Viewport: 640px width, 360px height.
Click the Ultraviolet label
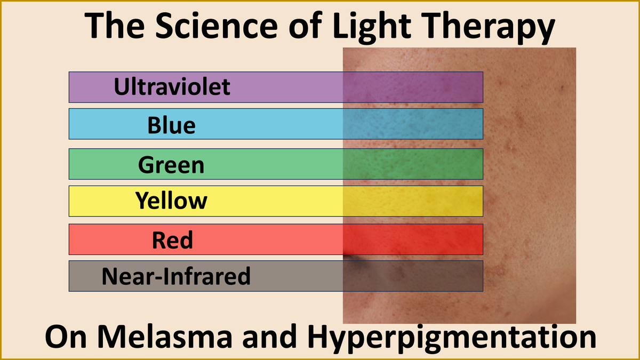[x=172, y=86]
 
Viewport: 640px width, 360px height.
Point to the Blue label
[x=172, y=126]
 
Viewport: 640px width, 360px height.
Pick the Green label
[x=172, y=165]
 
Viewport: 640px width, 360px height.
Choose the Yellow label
[x=172, y=201]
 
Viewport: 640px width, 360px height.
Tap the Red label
[x=172, y=241]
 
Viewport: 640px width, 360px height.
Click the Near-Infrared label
[x=175, y=276]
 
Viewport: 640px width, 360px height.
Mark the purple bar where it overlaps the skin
[x=413, y=87]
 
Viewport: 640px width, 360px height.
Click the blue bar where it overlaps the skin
[x=413, y=124]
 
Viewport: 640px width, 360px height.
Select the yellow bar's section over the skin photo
[x=413, y=201]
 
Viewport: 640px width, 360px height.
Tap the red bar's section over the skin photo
[x=413, y=239]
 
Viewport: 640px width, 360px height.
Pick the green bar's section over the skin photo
[x=413, y=164]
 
